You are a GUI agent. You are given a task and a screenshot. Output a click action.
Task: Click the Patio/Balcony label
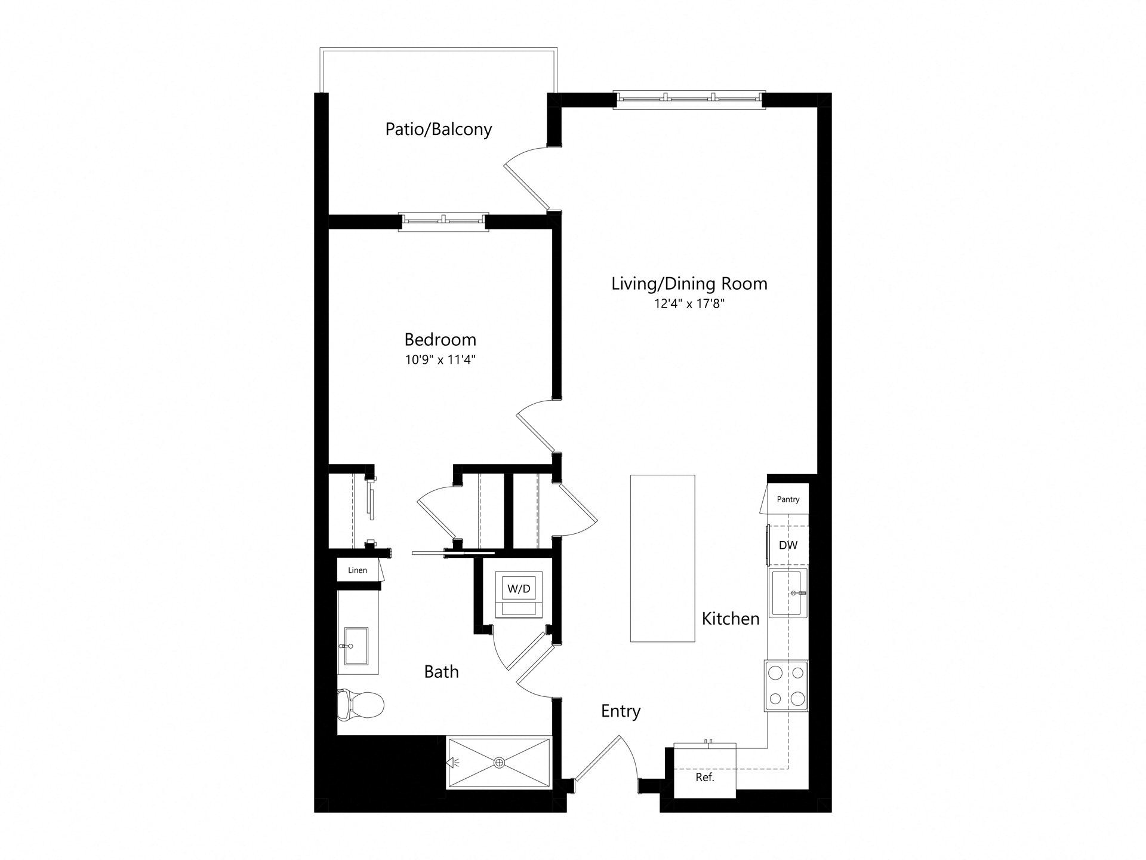coord(439,130)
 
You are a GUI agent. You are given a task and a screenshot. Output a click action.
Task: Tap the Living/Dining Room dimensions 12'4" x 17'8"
coord(689,304)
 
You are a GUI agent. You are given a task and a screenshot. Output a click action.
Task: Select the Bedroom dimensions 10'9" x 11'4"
coord(440,360)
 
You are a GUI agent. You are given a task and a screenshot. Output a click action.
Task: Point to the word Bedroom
coord(440,339)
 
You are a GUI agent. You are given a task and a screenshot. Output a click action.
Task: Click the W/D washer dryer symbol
coord(519,595)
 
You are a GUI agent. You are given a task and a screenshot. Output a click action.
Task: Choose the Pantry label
coord(788,499)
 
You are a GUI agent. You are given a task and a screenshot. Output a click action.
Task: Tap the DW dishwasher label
coord(788,545)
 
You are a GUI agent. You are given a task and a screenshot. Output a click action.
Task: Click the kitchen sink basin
coord(788,592)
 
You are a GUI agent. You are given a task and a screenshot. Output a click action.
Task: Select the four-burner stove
coord(786,686)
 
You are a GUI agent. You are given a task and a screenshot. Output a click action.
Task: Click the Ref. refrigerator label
coord(705,778)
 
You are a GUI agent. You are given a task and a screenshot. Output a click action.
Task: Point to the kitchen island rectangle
coord(663,558)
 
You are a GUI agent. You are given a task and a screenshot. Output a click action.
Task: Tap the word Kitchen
coord(731,619)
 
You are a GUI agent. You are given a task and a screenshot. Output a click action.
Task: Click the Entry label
coord(621,711)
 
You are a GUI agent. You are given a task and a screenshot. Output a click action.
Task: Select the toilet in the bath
coord(361,705)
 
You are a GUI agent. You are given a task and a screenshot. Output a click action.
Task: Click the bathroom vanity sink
coord(356,646)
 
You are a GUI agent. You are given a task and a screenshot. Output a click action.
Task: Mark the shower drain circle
coord(500,763)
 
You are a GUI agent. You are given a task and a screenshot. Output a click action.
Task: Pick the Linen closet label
coord(358,570)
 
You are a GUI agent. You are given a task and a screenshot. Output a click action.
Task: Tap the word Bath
coord(442,672)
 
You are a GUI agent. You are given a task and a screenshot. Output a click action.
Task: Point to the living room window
coord(689,100)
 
